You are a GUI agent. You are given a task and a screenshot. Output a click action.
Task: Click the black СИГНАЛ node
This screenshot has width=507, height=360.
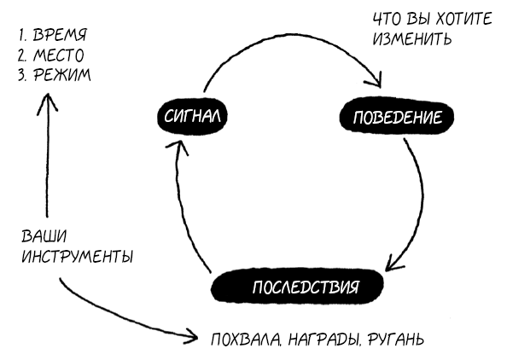(192, 116)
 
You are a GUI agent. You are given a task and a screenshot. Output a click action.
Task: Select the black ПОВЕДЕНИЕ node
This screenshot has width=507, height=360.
(396, 117)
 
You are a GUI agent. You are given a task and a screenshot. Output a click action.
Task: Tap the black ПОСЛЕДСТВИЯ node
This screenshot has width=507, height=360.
(297, 287)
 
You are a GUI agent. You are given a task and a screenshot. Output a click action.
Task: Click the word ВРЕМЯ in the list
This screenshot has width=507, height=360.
(60, 35)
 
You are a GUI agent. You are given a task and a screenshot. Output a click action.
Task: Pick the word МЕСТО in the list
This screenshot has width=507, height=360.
(59, 55)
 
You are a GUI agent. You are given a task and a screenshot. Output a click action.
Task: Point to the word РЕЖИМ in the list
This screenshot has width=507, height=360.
(62, 75)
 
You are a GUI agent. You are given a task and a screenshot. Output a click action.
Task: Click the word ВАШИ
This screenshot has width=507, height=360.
(44, 236)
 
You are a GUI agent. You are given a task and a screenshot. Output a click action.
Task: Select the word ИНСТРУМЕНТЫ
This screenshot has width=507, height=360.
(78, 257)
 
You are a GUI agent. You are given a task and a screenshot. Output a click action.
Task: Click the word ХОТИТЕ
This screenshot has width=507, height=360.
(463, 19)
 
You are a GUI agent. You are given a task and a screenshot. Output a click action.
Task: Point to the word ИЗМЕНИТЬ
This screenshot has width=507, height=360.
(411, 38)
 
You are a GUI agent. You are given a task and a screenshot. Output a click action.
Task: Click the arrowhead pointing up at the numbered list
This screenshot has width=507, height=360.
(47, 102)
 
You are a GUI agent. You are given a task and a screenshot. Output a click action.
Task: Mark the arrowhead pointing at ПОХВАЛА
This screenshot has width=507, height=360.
(191, 337)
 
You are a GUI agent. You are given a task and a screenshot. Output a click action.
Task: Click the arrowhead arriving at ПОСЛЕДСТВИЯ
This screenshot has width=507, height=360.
(393, 263)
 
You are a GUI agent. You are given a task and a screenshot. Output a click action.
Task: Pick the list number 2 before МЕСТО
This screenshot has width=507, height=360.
(22, 55)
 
